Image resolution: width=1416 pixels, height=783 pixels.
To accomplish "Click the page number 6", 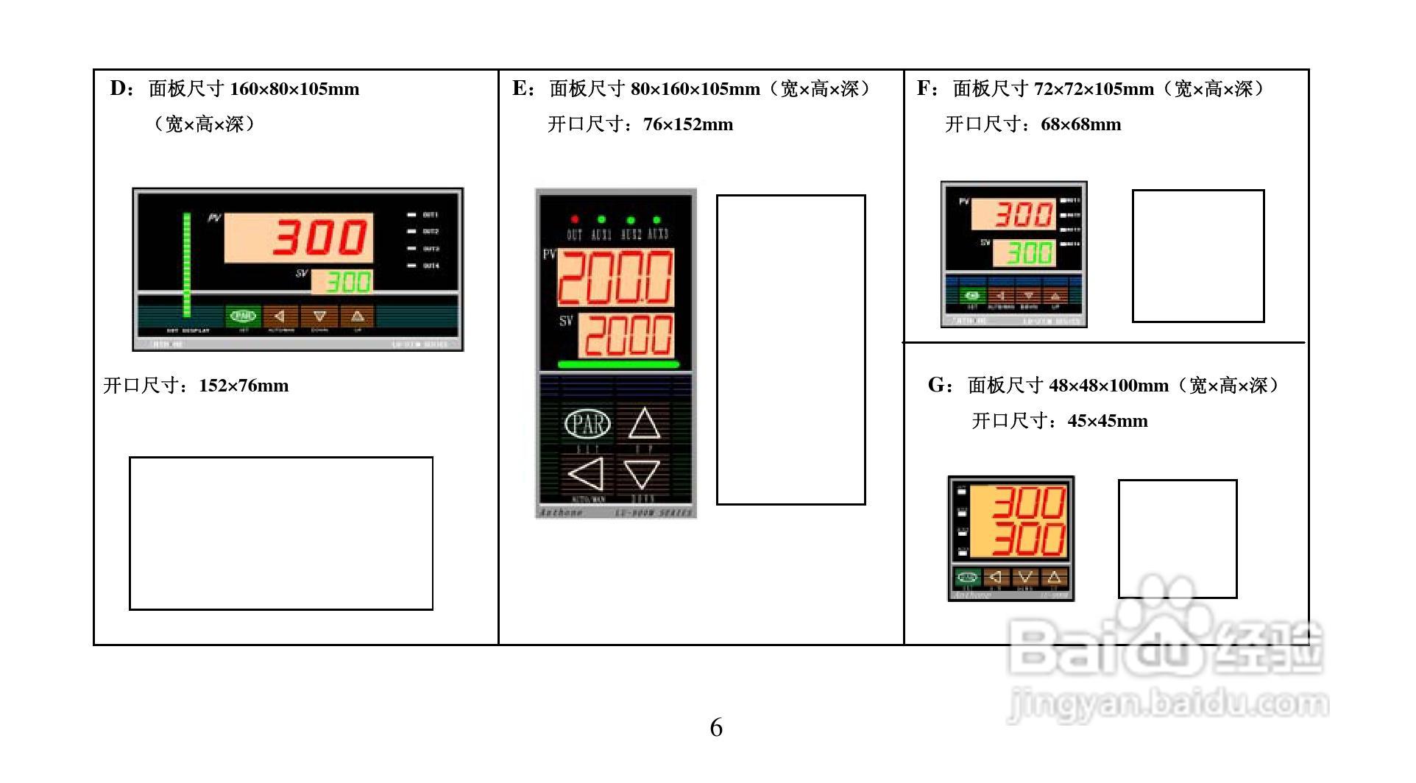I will coord(715,727).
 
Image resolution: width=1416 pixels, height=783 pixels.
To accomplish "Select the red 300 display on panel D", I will coord(300,238).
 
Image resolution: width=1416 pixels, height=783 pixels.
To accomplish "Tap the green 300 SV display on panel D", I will coord(342,280).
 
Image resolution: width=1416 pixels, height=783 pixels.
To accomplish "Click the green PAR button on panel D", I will coord(244,316).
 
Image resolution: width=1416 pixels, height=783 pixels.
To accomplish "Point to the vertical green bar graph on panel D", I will coord(187,264).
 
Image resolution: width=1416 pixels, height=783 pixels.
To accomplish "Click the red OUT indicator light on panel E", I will coord(575,219).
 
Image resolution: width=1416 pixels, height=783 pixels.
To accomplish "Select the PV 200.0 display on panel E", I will coord(615,277).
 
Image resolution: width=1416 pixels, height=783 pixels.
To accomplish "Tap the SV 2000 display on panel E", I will coord(626,336).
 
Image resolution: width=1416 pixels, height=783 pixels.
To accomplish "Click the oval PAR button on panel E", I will coord(587,423).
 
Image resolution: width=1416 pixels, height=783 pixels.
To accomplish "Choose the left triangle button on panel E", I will coord(587,473).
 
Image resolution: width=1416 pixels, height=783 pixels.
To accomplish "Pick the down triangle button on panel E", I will coord(642,474).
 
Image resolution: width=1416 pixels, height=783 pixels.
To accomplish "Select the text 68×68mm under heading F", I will coord(1080,124).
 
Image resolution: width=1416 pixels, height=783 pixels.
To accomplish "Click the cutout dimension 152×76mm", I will coord(244,386).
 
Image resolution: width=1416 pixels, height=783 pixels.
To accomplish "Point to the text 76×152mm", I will coord(688,124).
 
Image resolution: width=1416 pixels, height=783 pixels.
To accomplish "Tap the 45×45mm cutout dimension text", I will coord(1108,421).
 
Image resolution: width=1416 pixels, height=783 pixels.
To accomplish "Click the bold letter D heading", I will coord(119,89).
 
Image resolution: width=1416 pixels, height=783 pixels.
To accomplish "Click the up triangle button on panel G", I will coord(1053,577).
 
